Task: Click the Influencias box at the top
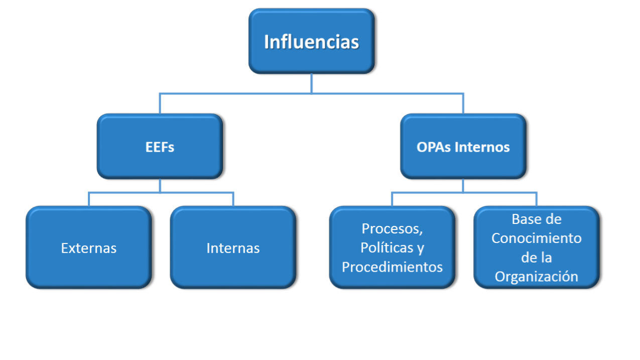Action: [x=312, y=42]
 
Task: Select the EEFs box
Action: [x=160, y=147]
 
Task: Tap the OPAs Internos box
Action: [x=463, y=147]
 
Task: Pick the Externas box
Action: [x=89, y=248]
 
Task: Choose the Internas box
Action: [x=233, y=248]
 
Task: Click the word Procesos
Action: [x=392, y=228]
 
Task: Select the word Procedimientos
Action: [x=392, y=267]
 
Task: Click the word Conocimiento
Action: [x=536, y=238]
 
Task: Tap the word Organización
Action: [x=536, y=276]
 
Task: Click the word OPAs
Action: [x=433, y=147]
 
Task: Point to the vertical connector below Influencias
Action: [x=312, y=84]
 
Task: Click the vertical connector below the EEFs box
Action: [x=160, y=186]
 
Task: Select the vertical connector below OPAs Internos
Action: [x=463, y=186]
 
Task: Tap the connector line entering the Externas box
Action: [x=89, y=199]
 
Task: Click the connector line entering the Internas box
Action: [x=233, y=199]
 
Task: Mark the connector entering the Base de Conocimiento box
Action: [x=536, y=199]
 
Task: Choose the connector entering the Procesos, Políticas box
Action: [x=393, y=199]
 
